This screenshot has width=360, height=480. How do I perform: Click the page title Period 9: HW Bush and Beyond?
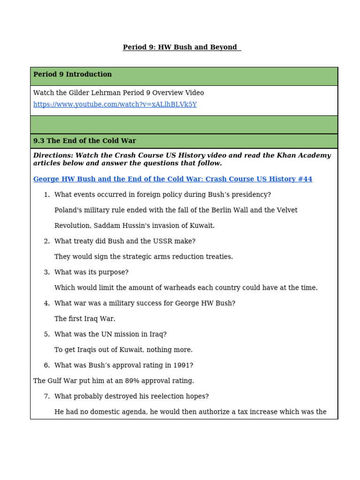(x=181, y=47)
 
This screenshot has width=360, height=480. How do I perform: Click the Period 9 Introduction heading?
(x=73, y=75)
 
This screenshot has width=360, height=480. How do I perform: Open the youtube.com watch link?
(x=115, y=105)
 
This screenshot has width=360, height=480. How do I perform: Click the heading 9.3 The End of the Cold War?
(x=84, y=141)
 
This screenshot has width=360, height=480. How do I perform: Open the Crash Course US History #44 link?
(x=172, y=179)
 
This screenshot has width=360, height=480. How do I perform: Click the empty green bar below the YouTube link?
(x=184, y=125)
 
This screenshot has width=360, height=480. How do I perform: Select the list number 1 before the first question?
(x=46, y=195)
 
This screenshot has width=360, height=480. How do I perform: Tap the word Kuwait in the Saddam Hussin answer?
(x=201, y=225)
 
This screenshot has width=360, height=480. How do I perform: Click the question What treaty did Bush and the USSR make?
(x=125, y=241)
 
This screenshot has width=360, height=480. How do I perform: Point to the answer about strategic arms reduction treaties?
(x=143, y=257)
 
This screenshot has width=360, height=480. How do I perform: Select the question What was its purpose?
(x=91, y=272)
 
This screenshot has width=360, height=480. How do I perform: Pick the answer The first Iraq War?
(x=84, y=319)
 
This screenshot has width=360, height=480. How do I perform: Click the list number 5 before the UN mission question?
(x=46, y=334)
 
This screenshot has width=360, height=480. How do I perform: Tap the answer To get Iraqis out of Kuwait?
(x=123, y=350)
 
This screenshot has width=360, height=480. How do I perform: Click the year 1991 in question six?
(x=182, y=365)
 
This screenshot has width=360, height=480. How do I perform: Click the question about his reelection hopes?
(x=131, y=396)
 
